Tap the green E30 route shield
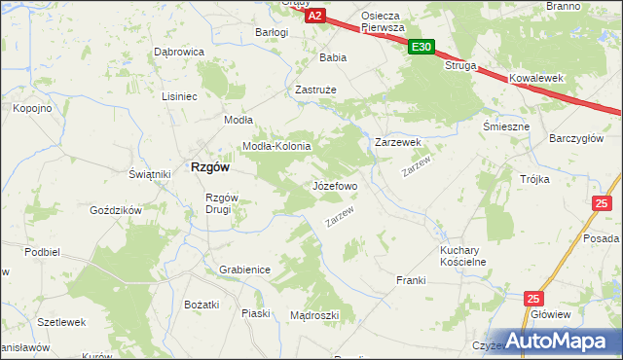click(421, 46)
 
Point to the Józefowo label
click(335, 184)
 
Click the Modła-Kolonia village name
click(276, 146)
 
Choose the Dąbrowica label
click(178, 52)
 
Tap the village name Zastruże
click(314, 89)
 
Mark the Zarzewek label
click(398, 142)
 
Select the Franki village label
click(412, 280)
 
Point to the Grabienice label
click(244, 269)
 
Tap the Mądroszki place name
click(314, 315)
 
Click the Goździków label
click(116, 210)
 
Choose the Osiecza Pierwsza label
click(383, 21)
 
